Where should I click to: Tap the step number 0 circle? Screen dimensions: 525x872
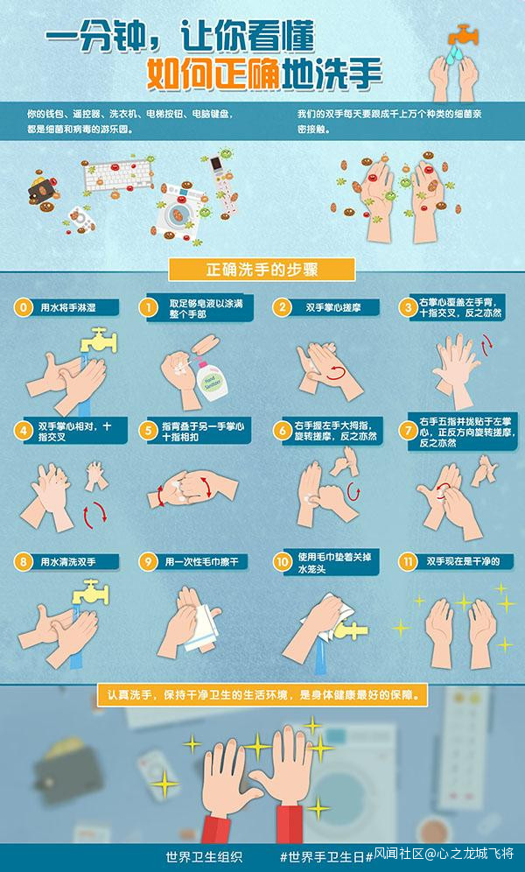tap(23, 307)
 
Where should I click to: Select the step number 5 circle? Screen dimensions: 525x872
tap(148, 431)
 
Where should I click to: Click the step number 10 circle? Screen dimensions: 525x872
tap(283, 562)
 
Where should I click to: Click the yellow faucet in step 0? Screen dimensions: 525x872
tap(98, 341)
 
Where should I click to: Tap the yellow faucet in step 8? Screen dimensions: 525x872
tap(90, 593)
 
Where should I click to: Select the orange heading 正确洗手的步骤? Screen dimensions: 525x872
tap(262, 270)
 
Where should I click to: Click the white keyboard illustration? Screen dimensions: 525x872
tap(118, 175)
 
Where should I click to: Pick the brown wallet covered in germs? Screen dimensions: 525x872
tap(44, 190)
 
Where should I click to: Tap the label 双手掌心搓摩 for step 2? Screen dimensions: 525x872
tap(332, 307)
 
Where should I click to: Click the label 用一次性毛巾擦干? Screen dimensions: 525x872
tap(201, 562)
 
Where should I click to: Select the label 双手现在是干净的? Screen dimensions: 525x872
tap(464, 562)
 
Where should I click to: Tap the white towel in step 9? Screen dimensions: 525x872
tap(201, 628)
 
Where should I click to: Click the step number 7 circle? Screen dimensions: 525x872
tap(409, 431)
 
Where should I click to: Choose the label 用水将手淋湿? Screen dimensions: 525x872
tap(67, 307)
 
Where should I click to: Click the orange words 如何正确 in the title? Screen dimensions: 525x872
tap(213, 74)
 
